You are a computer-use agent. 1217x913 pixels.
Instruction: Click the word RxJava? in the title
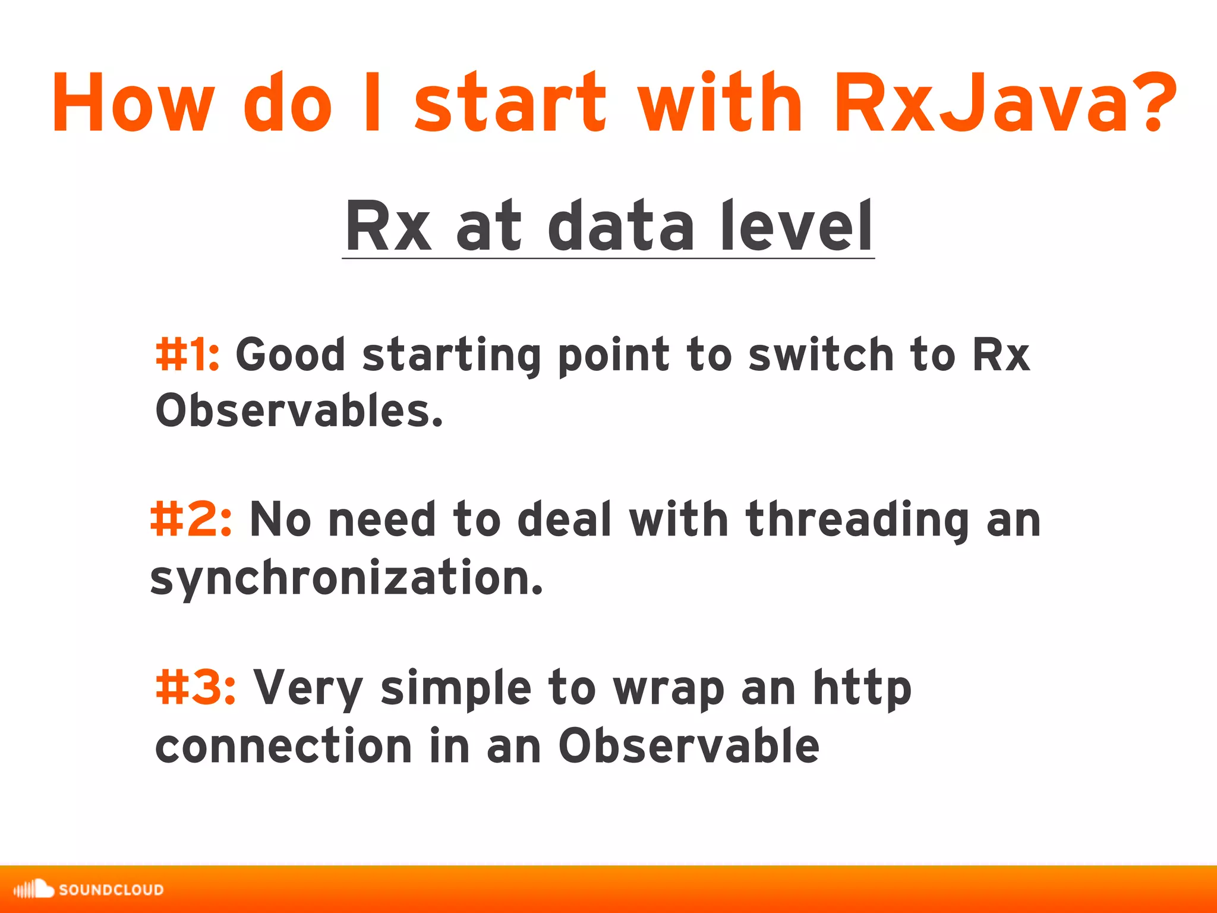click(x=1004, y=102)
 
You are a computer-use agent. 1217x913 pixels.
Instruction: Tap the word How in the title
click(x=132, y=102)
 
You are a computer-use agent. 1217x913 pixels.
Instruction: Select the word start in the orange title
click(x=510, y=102)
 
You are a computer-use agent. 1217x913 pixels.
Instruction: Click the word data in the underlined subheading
click(x=620, y=226)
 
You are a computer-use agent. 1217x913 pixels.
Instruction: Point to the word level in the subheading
click(x=796, y=226)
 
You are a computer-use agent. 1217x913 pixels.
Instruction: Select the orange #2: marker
click(x=191, y=519)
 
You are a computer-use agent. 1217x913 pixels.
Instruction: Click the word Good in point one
click(x=291, y=355)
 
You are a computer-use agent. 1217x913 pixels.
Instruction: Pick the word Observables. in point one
click(x=299, y=411)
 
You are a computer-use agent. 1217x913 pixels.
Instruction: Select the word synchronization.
click(x=346, y=578)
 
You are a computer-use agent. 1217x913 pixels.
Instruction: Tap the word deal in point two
click(x=564, y=519)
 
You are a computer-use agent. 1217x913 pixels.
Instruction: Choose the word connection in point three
click(x=283, y=747)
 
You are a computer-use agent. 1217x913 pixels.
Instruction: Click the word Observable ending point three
click(x=689, y=745)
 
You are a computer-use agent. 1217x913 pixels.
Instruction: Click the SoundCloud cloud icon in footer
click(x=34, y=889)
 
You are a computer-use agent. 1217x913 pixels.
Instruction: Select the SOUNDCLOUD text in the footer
click(x=111, y=890)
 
